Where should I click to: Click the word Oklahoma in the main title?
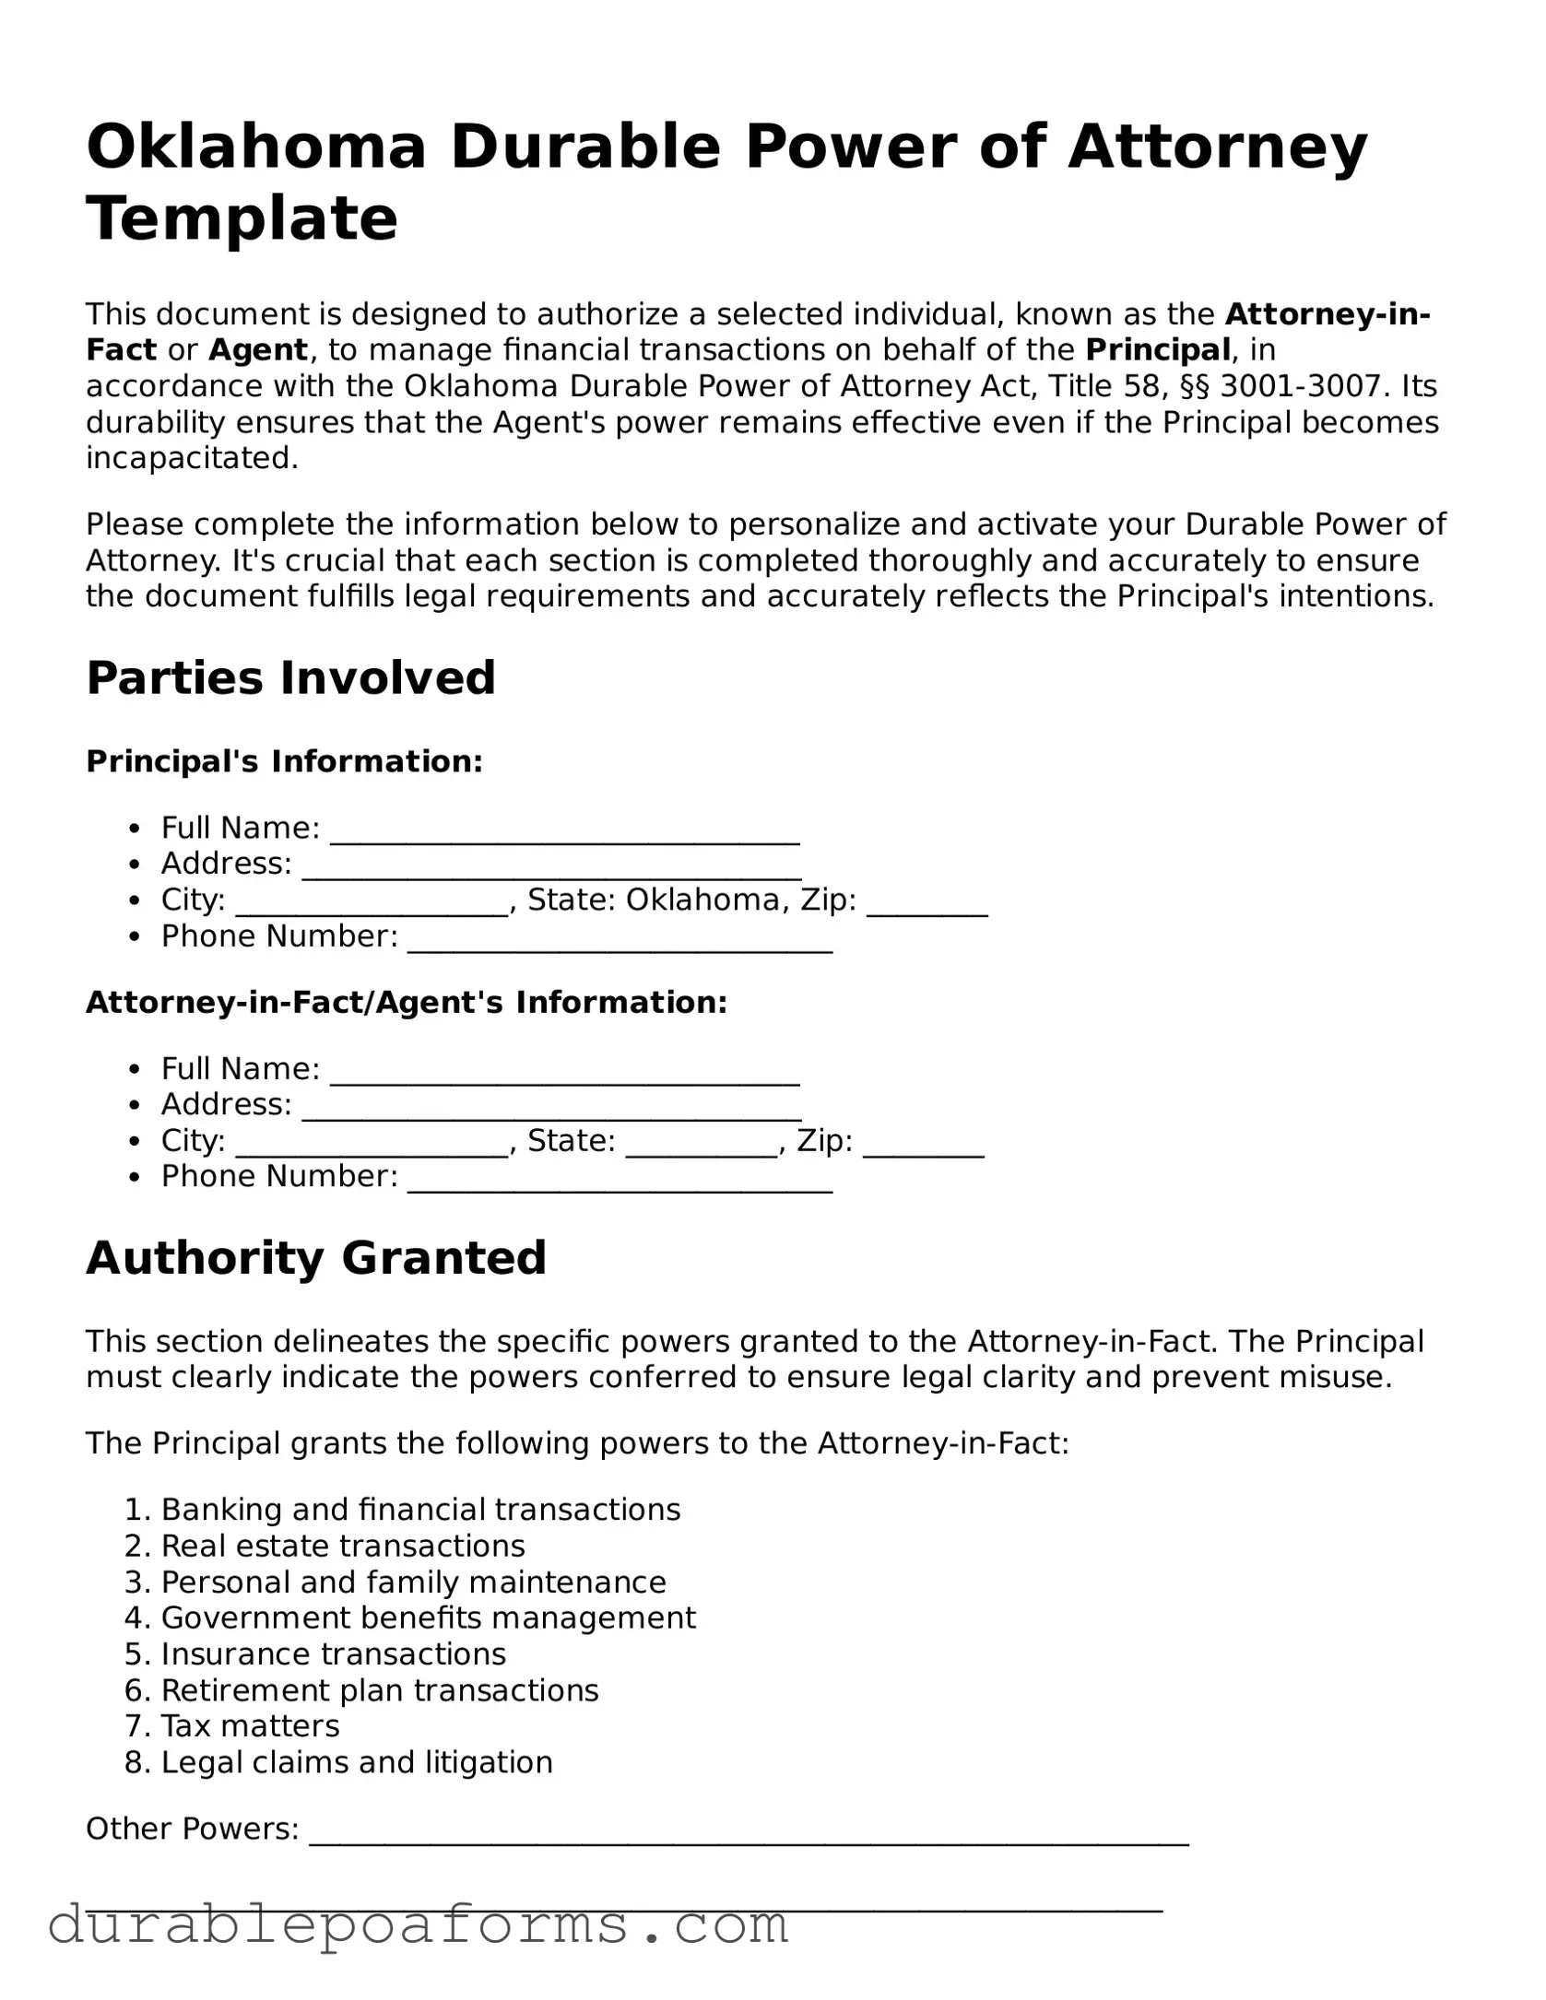(256, 147)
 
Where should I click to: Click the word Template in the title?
(242, 219)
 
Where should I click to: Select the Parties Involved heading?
(290, 678)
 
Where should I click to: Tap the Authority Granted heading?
(316, 1258)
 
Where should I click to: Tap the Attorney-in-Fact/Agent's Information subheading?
(407, 1003)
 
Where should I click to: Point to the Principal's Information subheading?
(284, 762)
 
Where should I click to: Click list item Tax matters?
(250, 1725)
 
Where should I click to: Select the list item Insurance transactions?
(333, 1653)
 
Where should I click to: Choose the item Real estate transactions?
(342, 1546)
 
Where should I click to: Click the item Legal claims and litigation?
(357, 1762)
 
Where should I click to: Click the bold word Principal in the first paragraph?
(1157, 350)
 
